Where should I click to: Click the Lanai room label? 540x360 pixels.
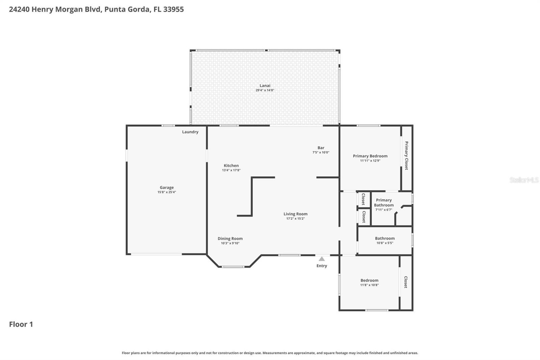265,85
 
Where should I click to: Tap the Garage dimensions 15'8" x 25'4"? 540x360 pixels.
167,192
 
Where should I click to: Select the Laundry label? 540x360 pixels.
190,132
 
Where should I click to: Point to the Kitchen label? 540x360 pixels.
231,165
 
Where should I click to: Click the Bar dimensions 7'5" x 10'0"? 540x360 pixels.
321,152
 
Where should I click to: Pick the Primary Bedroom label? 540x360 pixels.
370,156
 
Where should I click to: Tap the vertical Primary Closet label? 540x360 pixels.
406,156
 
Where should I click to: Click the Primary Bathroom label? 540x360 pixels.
384,203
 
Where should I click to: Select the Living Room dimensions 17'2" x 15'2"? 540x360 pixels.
295,218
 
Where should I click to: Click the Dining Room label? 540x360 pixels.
230,238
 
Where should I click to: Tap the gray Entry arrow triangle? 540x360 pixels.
322,259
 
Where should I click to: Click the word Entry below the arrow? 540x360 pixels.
322,266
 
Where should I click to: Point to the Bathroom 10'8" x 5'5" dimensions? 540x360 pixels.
385,243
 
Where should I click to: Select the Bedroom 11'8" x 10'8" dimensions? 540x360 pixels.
369,285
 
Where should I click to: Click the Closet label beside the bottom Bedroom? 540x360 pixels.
406,282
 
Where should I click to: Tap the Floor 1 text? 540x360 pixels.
21,324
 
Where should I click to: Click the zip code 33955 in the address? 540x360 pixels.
173,9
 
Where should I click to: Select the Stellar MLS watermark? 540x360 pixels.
524,180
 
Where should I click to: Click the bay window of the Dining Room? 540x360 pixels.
233,267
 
